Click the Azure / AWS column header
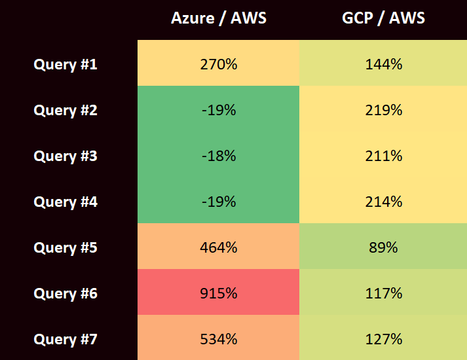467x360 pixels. [218, 18]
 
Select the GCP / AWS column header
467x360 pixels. [383, 18]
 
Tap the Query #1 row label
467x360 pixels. [65, 64]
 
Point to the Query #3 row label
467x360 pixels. [65, 156]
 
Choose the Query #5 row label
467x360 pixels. [65, 247]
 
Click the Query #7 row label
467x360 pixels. [65, 339]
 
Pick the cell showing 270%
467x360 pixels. [218, 64]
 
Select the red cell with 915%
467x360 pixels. [218, 293]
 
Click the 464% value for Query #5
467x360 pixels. [218, 247]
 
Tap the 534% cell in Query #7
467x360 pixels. [218, 339]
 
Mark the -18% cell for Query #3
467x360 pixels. [218, 156]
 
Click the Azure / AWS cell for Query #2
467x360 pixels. [218, 110]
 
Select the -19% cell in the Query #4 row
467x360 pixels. [218, 202]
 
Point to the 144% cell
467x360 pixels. [383, 64]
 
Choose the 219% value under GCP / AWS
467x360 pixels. [383, 110]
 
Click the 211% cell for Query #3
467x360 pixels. [383, 156]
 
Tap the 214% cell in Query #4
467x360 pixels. [383, 202]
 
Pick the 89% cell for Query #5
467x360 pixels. [383, 247]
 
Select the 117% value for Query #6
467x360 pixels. [383, 293]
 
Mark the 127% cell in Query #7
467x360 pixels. [383, 339]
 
